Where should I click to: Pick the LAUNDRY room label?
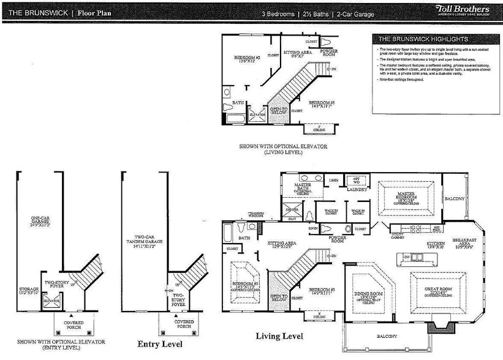tap(356, 190)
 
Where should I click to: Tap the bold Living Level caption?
tap(279, 336)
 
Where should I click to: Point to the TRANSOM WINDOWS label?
tap(255, 215)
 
